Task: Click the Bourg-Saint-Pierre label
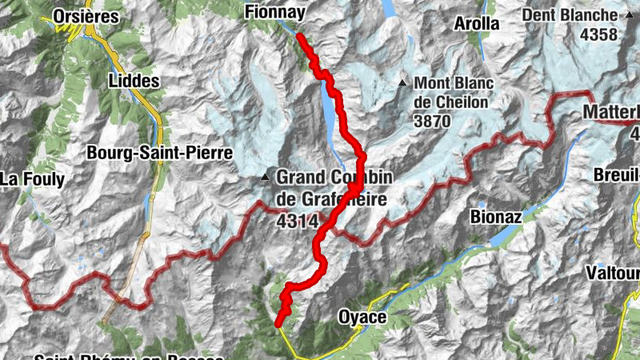coord(159,152)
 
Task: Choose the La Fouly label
coord(31,179)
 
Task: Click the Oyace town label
coord(362,317)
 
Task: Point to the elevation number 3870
coord(433,122)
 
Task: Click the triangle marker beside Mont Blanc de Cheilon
coord(402,83)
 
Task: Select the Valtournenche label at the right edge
coord(613,274)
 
